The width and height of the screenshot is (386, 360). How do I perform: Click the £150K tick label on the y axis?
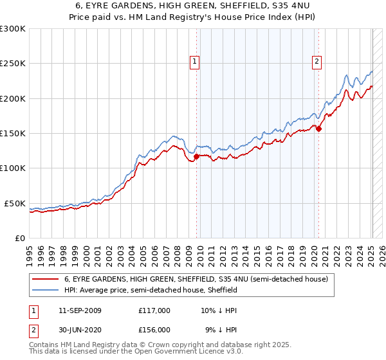(x=12, y=133)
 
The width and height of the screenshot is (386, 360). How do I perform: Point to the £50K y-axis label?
(x=14, y=203)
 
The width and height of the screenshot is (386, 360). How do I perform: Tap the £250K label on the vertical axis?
(x=12, y=64)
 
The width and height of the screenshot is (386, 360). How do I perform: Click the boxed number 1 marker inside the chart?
(x=194, y=62)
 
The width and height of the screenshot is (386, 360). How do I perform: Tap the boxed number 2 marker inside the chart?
(x=317, y=62)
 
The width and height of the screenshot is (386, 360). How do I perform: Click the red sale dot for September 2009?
(x=196, y=156)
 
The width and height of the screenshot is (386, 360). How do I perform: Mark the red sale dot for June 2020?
(x=318, y=129)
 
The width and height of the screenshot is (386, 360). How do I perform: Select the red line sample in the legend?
(x=45, y=280)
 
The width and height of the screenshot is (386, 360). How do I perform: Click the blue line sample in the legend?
(x=45, y=291)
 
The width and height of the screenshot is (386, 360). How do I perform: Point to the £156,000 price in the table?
(x=154, y=330)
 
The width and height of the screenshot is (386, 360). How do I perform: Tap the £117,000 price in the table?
(x=154, y=310)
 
